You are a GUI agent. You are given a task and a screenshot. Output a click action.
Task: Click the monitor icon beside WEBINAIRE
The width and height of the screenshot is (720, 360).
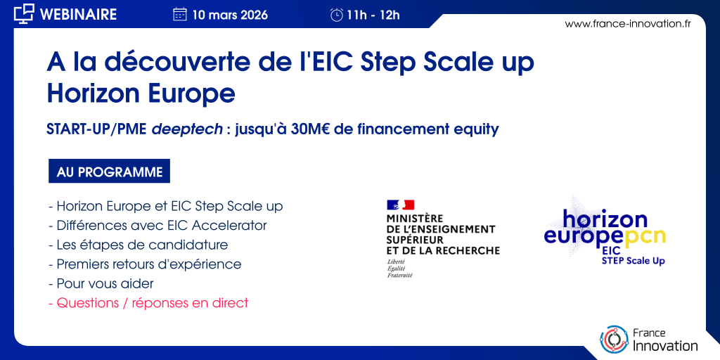click(x=25, y=14)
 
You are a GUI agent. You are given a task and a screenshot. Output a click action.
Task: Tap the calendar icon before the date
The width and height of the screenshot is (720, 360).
click(x=180, y=15)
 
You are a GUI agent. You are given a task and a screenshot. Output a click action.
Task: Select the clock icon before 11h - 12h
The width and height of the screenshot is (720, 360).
click(x=337, y=15)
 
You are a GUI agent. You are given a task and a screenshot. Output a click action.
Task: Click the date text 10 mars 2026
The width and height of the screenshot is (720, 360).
click(x=230, y=15)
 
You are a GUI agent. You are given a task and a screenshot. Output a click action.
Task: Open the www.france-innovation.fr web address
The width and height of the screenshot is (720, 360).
click(x=628, y=24)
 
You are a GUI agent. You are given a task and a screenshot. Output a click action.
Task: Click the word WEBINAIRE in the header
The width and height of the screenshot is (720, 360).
click(x=79, y=14)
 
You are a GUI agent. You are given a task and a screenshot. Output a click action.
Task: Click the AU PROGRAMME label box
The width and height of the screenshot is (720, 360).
click(x=109, y=172)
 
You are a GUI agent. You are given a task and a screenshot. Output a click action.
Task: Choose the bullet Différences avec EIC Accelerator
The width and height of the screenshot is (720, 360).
click(x=157, y=226)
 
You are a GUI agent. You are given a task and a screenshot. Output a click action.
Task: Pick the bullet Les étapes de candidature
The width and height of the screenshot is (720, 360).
click(x=139, y=245)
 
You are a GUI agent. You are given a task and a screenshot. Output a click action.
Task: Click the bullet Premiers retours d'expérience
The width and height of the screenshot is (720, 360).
click(x=145, y=264)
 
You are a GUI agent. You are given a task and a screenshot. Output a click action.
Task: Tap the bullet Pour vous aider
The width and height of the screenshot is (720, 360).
click(x=101, y=284)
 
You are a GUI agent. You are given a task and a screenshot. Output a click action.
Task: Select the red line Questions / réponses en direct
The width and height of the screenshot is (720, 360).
click(x=148, y=303)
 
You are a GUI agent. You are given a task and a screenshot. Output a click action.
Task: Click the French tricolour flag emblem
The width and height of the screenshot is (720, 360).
click(x=400, y=205)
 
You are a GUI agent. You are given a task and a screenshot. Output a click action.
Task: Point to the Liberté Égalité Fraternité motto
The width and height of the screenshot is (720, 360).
click(x=399, y=268)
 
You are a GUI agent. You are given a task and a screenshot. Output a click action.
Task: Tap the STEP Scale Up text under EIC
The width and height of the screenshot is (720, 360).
click(x=634, y=262)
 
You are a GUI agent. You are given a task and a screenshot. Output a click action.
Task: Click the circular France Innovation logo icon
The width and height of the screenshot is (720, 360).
click(x=614, y=340)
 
